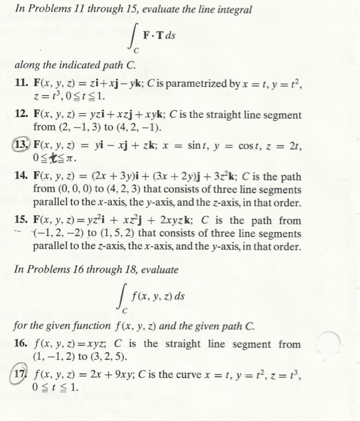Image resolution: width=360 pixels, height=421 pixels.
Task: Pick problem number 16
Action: pos(22,345)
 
